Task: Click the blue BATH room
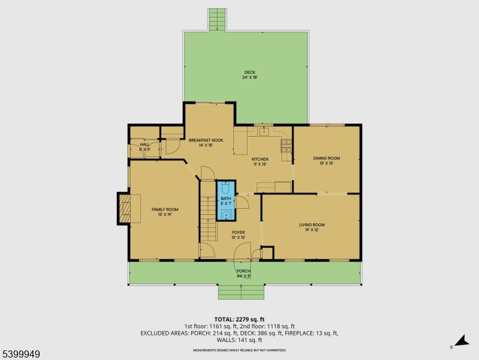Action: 226,200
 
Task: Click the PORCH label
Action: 243,273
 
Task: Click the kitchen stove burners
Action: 286,144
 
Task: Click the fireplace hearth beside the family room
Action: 124,209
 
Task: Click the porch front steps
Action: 241,292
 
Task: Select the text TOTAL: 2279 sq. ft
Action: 239,319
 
